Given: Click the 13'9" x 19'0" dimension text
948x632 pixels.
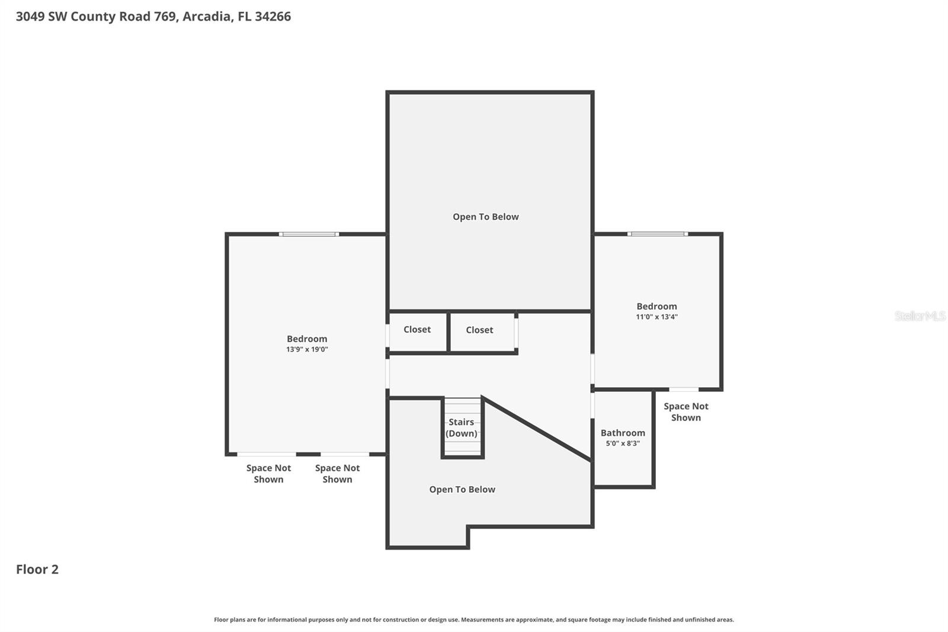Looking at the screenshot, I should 307,350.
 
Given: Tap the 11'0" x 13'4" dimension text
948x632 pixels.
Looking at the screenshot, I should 656,317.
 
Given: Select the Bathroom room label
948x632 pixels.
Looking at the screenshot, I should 623,433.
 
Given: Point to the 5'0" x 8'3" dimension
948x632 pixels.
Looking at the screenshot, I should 623,443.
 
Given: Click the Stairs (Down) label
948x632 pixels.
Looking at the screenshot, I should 462,427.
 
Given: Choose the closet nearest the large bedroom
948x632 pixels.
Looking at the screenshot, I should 417,330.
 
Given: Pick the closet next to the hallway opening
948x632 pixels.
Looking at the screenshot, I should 479,330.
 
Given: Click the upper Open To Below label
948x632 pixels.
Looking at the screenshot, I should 486,217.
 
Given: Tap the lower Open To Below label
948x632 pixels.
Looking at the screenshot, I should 462,490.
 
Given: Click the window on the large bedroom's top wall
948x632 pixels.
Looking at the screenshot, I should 309,234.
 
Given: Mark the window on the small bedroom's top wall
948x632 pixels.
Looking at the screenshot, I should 658,234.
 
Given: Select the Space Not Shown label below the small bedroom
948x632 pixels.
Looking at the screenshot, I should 686,412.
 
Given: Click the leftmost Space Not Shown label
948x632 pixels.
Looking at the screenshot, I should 268,474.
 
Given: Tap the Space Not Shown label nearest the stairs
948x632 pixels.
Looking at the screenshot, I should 337,474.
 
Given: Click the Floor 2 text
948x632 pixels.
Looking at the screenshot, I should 37,570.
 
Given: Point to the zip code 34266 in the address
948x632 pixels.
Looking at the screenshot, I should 273,17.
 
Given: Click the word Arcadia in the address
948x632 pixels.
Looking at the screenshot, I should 206,17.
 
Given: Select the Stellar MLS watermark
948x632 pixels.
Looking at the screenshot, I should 920,316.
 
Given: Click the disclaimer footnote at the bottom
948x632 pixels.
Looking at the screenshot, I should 473,620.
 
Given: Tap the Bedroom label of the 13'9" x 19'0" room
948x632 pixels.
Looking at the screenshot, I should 307,339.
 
